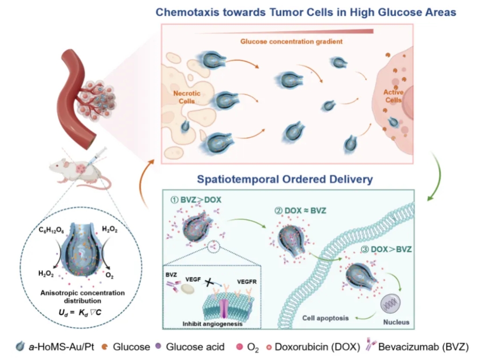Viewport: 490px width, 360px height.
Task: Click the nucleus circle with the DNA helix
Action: pyautogui.click(x=391, y=304)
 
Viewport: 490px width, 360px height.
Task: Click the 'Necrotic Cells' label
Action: pyautogui.click(x=187, y=97)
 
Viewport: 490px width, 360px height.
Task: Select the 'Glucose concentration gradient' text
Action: pyautogui.click(x=291, y=41)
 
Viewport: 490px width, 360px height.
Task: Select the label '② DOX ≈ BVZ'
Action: pyautogui.click(x=301, y=211)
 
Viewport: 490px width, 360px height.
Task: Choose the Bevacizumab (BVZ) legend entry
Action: pyautogui.click(x=418, y=347)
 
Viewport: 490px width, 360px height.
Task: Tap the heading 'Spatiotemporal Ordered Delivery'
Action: pyautogui.click(x=285, y=180)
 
